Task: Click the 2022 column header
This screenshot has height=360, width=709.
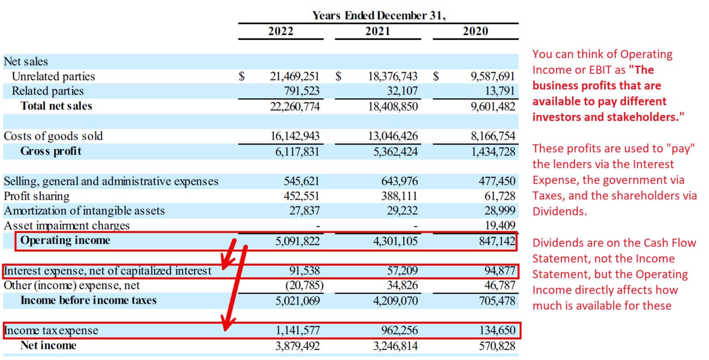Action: [x=281, y=31]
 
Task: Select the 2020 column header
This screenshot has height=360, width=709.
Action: [x=475, y=31]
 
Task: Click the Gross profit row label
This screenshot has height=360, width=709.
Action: [x=51, y=151]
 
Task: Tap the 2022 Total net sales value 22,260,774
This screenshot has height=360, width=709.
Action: [x=294, y=106]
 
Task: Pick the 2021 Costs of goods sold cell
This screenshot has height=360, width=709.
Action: [x=393, y=136]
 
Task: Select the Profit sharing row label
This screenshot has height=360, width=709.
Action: [x=36, y=196]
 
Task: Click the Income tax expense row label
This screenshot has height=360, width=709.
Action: [x=51, y=330]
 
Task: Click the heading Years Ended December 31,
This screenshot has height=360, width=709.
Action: [x=379, y=15]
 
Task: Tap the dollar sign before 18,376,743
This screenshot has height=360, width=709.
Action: [x=338, y=76]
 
